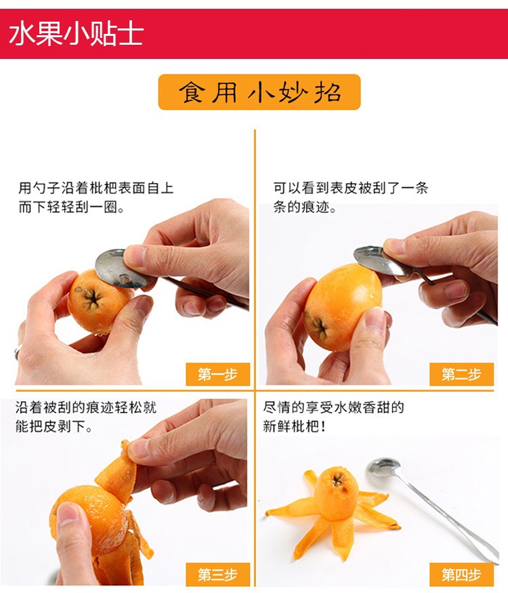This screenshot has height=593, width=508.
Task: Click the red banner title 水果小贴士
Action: (x=76, y=34)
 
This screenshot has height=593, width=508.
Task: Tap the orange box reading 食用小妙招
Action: (x=259, y=92)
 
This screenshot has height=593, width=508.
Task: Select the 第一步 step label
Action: (x=217, y=374)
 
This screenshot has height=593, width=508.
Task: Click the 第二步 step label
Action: (x=461, y=374)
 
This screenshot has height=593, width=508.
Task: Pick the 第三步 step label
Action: (x=217, y=575)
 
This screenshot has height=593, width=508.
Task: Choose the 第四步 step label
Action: (x=461, y=575)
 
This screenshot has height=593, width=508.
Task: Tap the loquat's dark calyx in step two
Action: (x=318, y=325)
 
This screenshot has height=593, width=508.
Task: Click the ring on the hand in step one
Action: (x=18, y=352)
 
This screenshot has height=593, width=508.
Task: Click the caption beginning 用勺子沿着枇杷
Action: (x=96, y=197)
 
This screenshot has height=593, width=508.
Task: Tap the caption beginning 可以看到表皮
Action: (x=351, y=197)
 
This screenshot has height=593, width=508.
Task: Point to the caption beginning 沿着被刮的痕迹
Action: (x=86, y=417)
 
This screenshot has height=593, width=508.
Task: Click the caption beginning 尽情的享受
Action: (x=333, y=417)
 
